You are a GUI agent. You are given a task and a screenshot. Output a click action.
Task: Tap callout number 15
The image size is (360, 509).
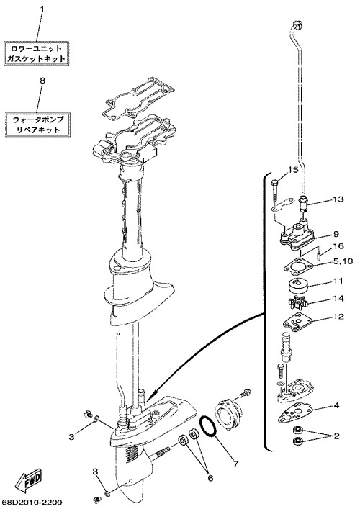(x=293, y=169)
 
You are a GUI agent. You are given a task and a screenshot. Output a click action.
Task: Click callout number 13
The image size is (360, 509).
(x=338, y=199)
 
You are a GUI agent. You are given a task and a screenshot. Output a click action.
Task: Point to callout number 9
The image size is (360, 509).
(x=336, y=234)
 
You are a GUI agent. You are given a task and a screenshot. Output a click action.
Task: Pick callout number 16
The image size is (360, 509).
(x=338, y=246)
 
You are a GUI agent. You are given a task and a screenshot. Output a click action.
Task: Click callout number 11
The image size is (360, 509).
(x=338, y=281)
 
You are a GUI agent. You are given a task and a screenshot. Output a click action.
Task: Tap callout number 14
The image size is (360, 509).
(x=338, y=298)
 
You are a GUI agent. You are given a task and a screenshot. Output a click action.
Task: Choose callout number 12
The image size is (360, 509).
(x=338, y=316)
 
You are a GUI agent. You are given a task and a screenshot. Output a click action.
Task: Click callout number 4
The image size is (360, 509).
(x=336, y=405)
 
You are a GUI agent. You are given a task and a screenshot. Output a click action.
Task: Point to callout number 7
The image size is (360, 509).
(x=235, y=464)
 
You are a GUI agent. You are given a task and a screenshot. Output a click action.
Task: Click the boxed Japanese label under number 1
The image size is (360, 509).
(x=36, y=53)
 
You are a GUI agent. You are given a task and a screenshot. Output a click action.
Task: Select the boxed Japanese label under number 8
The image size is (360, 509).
(x=38, y=125)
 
